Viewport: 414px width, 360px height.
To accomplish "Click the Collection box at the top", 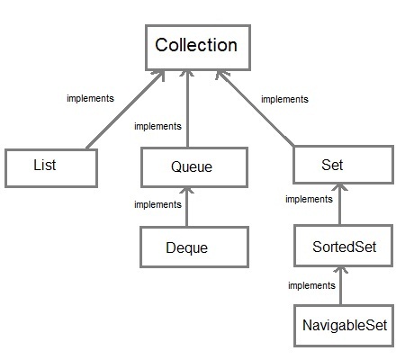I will pyautogui.click(x=196, y=46).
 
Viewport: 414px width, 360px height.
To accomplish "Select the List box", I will pyautogui.click(x=51, y=167).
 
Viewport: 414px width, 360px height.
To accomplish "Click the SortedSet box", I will pyautogui.click(x=342, y=247).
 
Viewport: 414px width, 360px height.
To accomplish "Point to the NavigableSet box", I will pyautogui.click(x=344, y=327).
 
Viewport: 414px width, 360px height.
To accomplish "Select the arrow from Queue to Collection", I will pyautogui.click(x=187, y=108).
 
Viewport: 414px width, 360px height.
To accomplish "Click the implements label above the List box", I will pyautogui.click(x=90, y=98).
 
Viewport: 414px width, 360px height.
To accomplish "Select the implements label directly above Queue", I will pyautogui.click(x=157, y=126).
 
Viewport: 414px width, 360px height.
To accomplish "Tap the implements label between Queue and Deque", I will pyautogui.click(x=157, y=204).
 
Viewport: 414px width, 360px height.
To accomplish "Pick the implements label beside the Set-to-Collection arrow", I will pyautogui.click(x=284, y=99).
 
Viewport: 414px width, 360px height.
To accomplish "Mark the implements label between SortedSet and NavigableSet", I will pyautogui.click(x=311, y=285).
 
